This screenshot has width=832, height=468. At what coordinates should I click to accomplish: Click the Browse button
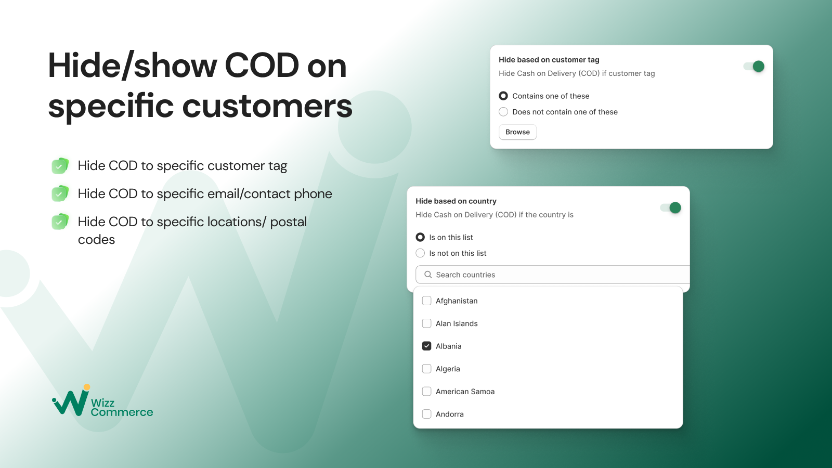point(517,132)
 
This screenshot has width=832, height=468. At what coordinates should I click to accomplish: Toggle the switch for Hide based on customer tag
point(754,66)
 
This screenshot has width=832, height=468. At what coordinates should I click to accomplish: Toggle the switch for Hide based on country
point(671,207)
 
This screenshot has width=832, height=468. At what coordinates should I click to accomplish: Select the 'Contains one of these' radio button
point(503,96)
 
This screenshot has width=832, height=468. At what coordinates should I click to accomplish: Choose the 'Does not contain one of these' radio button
point(503,112)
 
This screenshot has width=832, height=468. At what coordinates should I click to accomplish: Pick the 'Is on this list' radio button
point(420,237)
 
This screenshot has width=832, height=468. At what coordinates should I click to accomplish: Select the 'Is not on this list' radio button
point(420,253)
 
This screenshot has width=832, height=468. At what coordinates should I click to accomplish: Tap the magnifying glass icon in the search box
point(428,275)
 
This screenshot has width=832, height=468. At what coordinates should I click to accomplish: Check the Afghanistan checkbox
point(427,301)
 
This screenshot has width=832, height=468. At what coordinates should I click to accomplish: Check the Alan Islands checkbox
point(427,323)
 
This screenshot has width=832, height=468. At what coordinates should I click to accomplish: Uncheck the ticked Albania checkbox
point(427,346)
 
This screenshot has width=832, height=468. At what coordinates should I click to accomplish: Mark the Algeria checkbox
point(427,369)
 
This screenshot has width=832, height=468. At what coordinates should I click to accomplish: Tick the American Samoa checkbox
point(427,392)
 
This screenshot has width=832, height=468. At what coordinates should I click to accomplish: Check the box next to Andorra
point(427,414)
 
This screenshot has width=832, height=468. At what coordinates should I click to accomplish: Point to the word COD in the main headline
point(262,66)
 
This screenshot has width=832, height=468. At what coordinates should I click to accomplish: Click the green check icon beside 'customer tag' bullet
point(60,166)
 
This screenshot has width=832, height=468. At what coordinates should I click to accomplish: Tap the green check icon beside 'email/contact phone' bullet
point(60,194)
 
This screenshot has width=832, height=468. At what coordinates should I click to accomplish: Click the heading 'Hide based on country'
point(456,201)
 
